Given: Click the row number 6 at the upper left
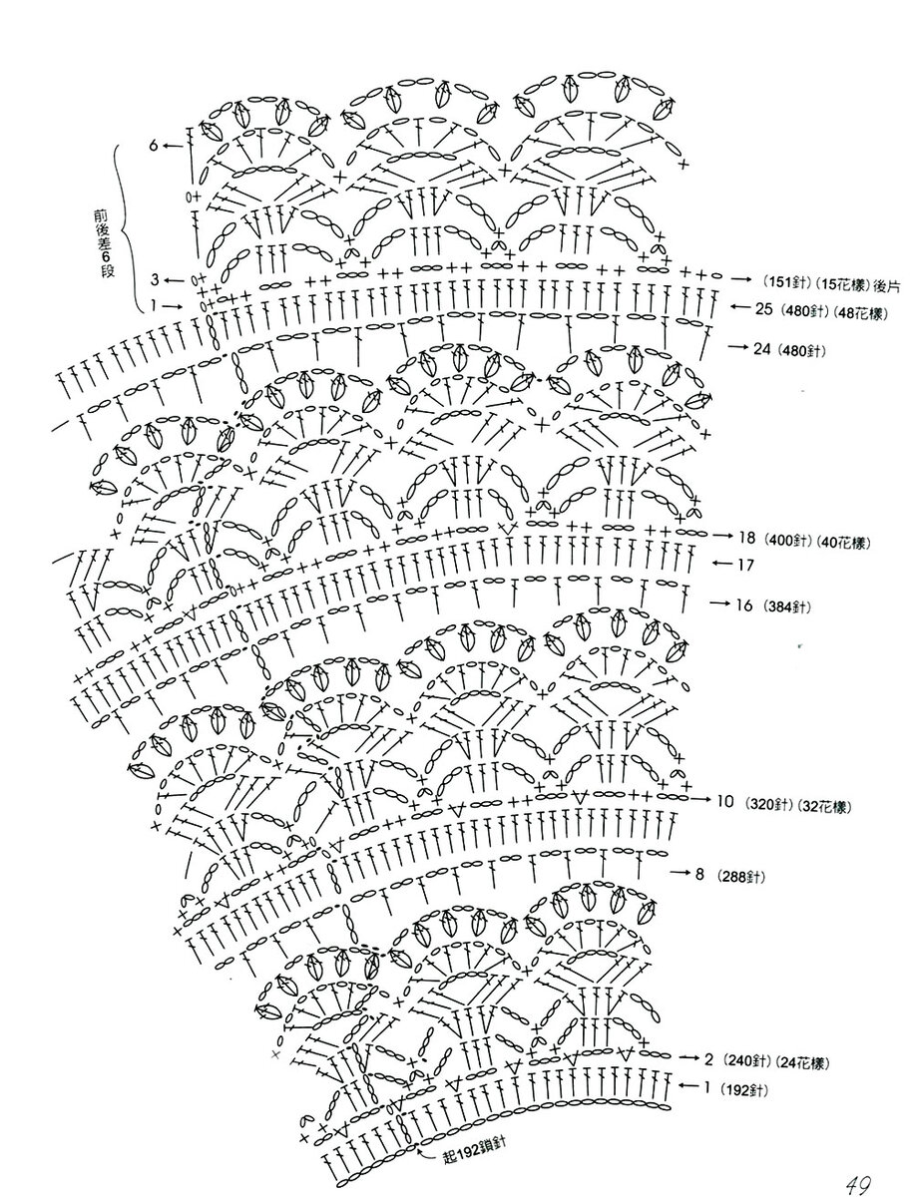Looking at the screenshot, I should (155, 146).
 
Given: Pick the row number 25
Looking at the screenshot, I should (764, 309).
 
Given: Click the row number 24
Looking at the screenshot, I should (765, 349).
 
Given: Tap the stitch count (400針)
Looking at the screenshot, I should (786, 542).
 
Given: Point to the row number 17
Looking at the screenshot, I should (746, 565).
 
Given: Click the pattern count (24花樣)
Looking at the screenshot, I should (803, 1059).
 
